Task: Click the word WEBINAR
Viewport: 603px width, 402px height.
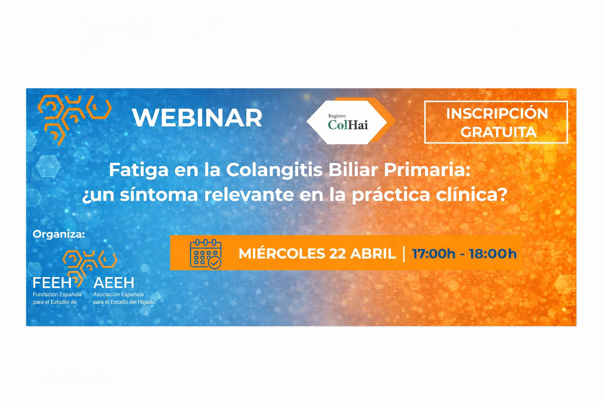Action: tap(197, 118)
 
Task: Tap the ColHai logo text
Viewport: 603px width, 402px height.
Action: tap(348, 125)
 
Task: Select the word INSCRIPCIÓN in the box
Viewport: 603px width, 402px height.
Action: tap(497, 113)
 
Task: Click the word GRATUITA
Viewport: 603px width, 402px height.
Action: tap(499, 132)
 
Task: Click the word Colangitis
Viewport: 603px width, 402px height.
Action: tap(274, 170)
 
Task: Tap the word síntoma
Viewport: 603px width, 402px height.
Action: tap(159, 195)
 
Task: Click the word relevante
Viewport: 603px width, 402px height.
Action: tap(249, 195)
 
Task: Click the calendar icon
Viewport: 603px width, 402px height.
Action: tap(206, 254)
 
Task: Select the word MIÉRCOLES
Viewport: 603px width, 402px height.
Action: tap(282, 254)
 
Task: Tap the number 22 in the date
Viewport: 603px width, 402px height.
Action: tap(337, 254)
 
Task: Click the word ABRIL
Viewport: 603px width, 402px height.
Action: tap(373, 254)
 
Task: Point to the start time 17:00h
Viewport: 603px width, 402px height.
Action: tap(434, 254)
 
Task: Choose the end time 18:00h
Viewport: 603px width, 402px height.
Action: tap(493, 254)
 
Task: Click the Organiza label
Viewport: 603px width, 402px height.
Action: tap(58, 234)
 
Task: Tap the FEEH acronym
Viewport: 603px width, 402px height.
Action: tap(52, 283)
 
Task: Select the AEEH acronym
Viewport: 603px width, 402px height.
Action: tap(113, 283)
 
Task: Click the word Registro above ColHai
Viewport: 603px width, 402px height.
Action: tap(337, 116)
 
